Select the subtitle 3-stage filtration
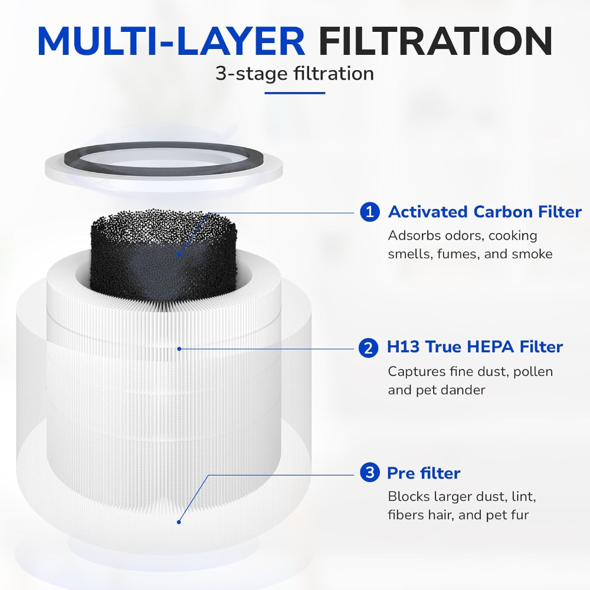click(x=294, y=74)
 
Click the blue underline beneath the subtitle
click(x=294, y=93)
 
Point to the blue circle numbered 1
click(x=369, y=212)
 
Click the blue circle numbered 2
click(x=368, y=348)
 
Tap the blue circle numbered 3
click(x=369, y=473)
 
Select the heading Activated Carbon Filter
click(x=484, y=212)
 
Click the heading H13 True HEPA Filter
click(x=474, y=347)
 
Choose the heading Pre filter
click(x=423, y=473)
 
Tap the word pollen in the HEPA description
click(x=533, y=372)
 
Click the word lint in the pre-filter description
click(x=523, y=496)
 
